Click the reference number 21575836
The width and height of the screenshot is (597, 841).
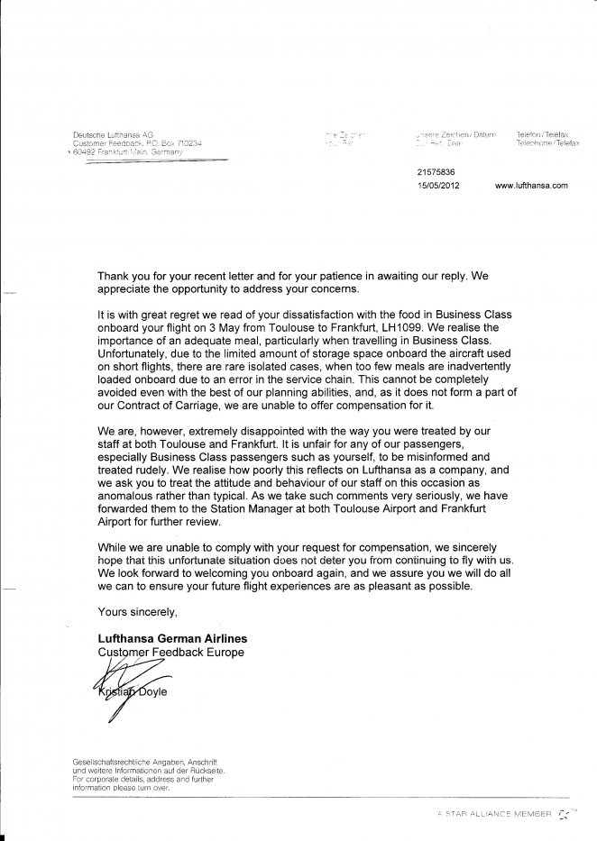coord(437,170)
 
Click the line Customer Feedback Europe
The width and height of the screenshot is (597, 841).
coord(170,651)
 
